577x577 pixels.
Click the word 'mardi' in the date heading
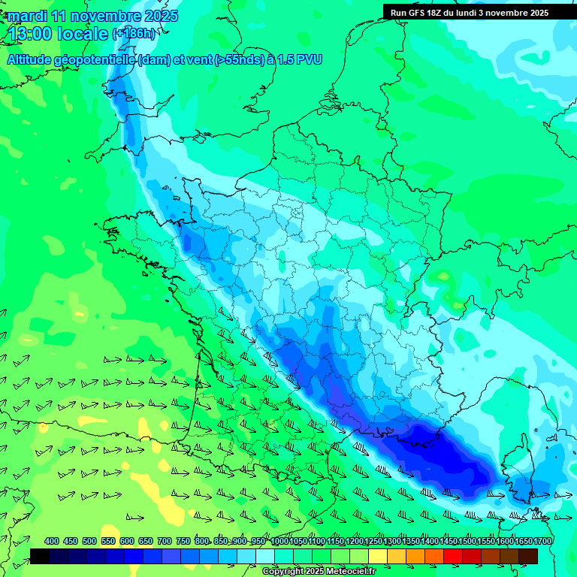28,16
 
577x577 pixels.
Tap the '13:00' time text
31,33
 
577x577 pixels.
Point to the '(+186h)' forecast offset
133,33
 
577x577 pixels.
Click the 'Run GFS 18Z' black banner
470,12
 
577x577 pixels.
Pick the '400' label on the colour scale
52,541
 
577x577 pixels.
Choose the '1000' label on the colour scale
279,541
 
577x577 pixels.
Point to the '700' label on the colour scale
164,541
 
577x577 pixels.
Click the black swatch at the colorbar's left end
40,556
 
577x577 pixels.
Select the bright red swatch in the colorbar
453,556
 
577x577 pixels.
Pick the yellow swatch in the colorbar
378,556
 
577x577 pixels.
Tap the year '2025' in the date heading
161,16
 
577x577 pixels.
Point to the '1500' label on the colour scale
467,541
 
